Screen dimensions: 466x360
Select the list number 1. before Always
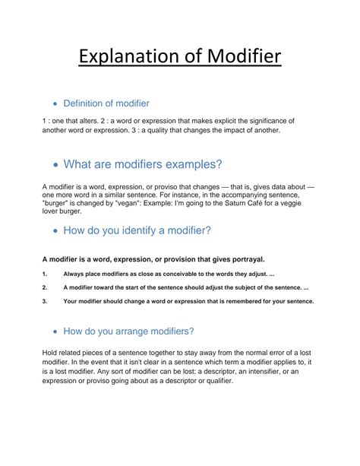46,274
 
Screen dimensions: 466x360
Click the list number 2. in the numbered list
46,287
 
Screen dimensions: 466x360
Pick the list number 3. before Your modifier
46,301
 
